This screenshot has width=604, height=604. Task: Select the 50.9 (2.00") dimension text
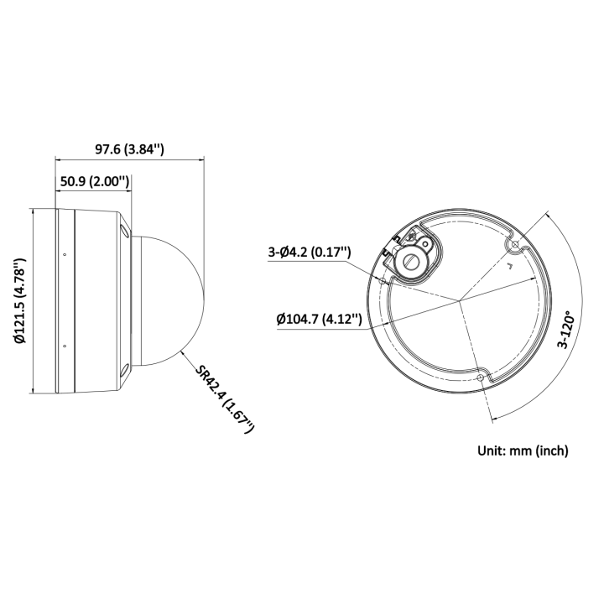[94, 181]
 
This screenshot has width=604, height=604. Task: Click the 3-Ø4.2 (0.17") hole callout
[310, 253]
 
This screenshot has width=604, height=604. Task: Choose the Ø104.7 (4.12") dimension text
[319, 319]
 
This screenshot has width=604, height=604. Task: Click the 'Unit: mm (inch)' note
[523, 450]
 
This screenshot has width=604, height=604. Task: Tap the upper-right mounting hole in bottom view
[514, 244]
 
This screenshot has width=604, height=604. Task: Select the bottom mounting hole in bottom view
[479, 379]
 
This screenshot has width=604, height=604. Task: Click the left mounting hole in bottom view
[383, 281]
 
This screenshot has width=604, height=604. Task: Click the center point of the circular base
[460, 301]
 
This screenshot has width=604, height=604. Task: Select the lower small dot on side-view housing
[65, 344]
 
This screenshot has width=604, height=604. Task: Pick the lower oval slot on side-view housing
[124, 371]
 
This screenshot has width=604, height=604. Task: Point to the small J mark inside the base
[508, 267]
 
